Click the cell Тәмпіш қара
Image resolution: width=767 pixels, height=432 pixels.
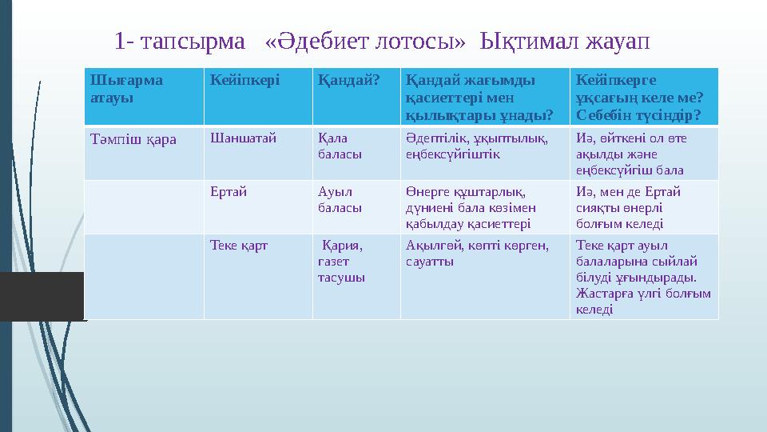pyautogui.click(x=132, y=138)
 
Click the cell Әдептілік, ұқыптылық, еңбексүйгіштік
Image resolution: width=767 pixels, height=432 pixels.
pyautogui.click(x=476, y=145)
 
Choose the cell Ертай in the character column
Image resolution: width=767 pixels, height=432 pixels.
pyautogui.click(x=229, y=191)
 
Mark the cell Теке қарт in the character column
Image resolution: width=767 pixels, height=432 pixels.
pyautogui.click(x=238, y=246)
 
